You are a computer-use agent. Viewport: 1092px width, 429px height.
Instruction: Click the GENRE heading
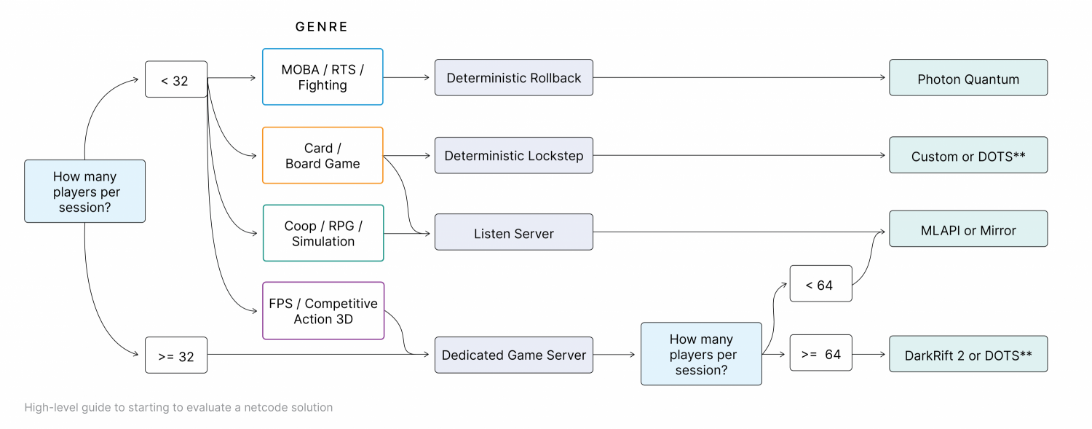point(321,27)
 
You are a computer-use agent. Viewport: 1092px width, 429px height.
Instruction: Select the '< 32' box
point(176,79)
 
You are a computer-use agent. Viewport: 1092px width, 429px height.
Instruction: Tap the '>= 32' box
point(176,355)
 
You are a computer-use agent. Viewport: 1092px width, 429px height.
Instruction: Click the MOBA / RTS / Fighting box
point(323,77)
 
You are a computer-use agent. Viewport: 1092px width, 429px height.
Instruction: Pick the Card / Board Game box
point(323,156)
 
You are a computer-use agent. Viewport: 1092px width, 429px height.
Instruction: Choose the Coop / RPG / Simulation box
point(323,233)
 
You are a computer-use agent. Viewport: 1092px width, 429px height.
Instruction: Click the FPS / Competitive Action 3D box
point(323,310)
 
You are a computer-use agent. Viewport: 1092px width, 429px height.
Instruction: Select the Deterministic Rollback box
point(514,77)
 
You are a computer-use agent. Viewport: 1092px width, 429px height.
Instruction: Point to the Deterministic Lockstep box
point(514,156)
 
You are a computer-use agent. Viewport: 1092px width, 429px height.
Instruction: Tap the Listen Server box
point(514,232)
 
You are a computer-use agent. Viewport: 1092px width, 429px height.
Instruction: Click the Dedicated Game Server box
point(514,355)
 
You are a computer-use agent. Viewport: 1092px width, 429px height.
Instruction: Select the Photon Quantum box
point(968,77)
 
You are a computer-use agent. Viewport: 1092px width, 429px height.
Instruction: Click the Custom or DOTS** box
point(968,155)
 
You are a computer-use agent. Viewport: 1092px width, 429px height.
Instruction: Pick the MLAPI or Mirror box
point(968,229)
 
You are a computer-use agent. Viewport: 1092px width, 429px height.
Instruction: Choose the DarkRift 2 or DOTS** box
point(968,354)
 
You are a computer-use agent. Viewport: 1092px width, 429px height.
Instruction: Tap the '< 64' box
point(821,284)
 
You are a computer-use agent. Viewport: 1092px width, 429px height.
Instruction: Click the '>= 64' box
point(821,353)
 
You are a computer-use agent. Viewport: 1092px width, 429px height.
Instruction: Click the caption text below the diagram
point(178,408)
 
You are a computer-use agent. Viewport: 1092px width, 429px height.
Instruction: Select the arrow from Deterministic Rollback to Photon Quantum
point(739,77)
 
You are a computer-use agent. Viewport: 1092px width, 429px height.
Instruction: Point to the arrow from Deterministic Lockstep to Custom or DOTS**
point(739,156)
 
